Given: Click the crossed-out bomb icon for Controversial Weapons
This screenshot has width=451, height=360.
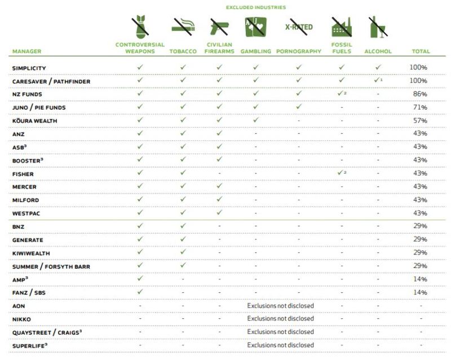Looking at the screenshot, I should tap(139, 26).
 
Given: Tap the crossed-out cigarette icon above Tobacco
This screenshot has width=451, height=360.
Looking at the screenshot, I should tap(183, 26).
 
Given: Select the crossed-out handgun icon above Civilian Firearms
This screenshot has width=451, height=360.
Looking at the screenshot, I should tap(219, 26).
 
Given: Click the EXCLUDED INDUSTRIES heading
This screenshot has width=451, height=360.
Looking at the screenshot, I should tap(255, 7).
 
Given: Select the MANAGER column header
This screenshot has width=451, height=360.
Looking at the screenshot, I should tap(26, 51).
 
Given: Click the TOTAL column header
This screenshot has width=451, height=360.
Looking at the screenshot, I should tap(421, 51).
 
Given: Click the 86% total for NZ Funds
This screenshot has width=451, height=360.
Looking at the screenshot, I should tap(418, 94).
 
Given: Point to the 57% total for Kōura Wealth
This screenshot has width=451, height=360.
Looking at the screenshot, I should tap(418, 120).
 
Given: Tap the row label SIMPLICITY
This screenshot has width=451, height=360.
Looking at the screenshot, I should tap(29, 68).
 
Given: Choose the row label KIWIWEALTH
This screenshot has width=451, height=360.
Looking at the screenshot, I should tap(32, 252).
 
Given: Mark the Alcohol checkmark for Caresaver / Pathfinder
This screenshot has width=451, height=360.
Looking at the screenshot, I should tap(377, 81).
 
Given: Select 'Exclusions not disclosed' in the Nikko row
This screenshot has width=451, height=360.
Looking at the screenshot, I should tap(280, 319).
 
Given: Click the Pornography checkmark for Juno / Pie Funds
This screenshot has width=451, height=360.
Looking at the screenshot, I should tap(298, 107).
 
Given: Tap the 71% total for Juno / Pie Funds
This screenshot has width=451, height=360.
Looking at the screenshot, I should tap(418, 107).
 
